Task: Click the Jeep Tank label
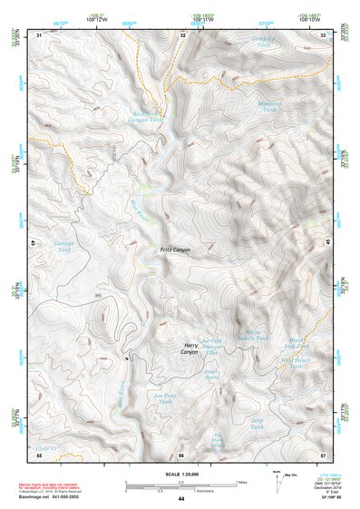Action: pos(258,422)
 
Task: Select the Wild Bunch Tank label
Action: pos(297,363)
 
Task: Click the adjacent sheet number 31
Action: pos(39,34)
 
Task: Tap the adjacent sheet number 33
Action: pos(324,34)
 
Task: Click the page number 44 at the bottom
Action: pos(181,498)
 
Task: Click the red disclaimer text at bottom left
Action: pos(54,486)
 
